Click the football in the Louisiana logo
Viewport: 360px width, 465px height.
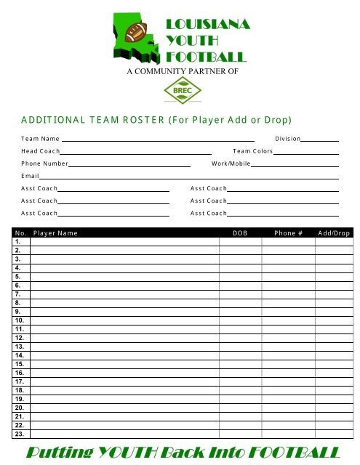(x=136, y=33)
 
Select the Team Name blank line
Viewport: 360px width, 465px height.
(x=158, y=137)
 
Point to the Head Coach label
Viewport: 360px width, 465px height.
(x=40, y=150)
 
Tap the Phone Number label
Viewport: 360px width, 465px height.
(x=44, y=163)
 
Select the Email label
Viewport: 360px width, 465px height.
(x=30, y=177)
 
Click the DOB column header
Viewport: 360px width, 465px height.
(x=239, y=234)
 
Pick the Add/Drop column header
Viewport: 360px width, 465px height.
(x=334, y=234)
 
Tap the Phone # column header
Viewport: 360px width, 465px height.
(x=289, y=234)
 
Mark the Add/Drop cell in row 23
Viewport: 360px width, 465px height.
(x=334, y=434)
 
